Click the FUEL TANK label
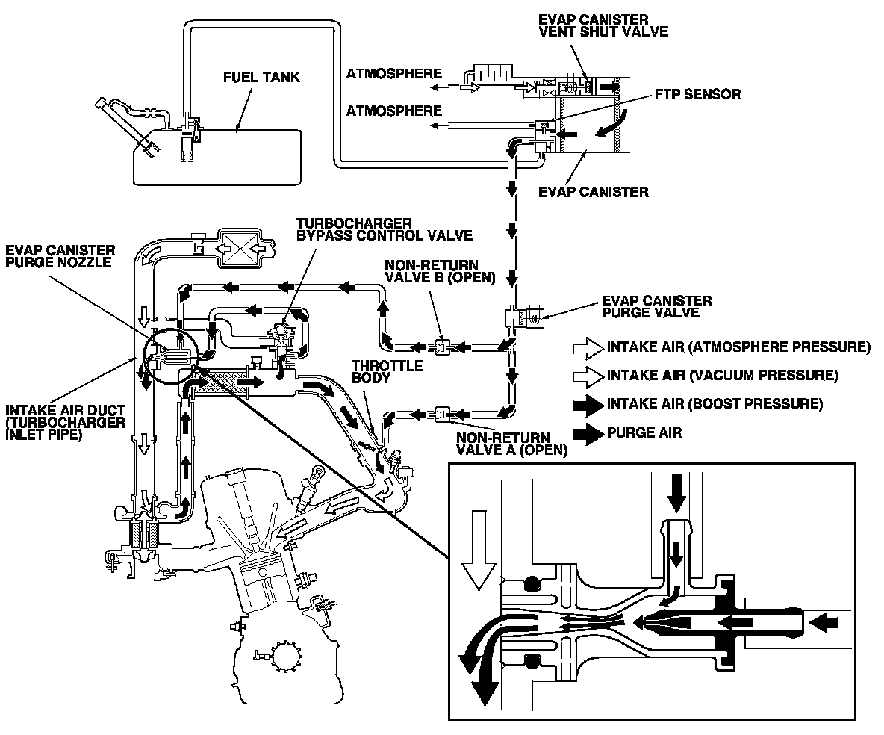tap(262, 77)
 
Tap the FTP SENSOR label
tap(697, 95)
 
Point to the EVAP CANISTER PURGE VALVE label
tap(656, 306)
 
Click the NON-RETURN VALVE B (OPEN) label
tap(440, 272)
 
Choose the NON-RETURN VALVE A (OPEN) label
tap(512, 444)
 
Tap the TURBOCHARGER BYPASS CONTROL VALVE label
tap(384, 229)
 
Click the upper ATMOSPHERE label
tap(393, 74)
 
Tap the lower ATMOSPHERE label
tap(393, 111)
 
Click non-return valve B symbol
tap(441, 346)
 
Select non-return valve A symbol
tap(441, 411)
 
